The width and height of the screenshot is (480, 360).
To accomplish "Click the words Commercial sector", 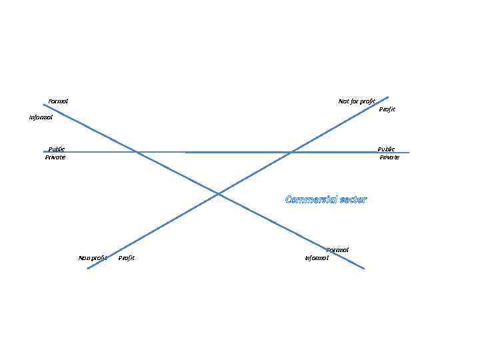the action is point(326,199).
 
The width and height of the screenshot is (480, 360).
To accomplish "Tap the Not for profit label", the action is point(357,101).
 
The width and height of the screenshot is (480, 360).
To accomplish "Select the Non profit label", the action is point(93,258).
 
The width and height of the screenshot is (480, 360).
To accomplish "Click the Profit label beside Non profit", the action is point(126,258).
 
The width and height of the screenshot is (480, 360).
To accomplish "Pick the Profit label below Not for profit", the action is point(387,109).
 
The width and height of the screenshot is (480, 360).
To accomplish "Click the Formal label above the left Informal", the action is point(58,101).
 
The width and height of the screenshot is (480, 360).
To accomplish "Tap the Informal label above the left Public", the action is point(41,117).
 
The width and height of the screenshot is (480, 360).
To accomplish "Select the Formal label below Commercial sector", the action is point(337,250).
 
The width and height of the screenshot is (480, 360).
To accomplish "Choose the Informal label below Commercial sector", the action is point(317,258).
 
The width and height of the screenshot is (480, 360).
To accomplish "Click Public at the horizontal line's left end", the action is point(57,149).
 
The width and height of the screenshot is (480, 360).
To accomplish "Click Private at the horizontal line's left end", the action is point(55,157).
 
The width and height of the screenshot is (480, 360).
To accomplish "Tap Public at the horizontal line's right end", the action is point(386,149).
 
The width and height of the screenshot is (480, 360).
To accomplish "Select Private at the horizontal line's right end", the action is point(389,157).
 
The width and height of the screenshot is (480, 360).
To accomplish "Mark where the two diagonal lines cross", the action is point(218,194).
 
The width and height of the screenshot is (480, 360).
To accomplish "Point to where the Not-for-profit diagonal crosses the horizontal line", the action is point(291,152).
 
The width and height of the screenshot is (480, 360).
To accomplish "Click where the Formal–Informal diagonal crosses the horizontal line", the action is point(137,152).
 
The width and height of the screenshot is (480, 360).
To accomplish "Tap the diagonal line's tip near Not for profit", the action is point(388,97).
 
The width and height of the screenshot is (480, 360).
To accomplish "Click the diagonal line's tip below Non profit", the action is point(87,268).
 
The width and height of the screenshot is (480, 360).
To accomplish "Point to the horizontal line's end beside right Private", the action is point(409,153).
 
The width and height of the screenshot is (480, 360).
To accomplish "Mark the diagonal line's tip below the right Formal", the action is point(364,269).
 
